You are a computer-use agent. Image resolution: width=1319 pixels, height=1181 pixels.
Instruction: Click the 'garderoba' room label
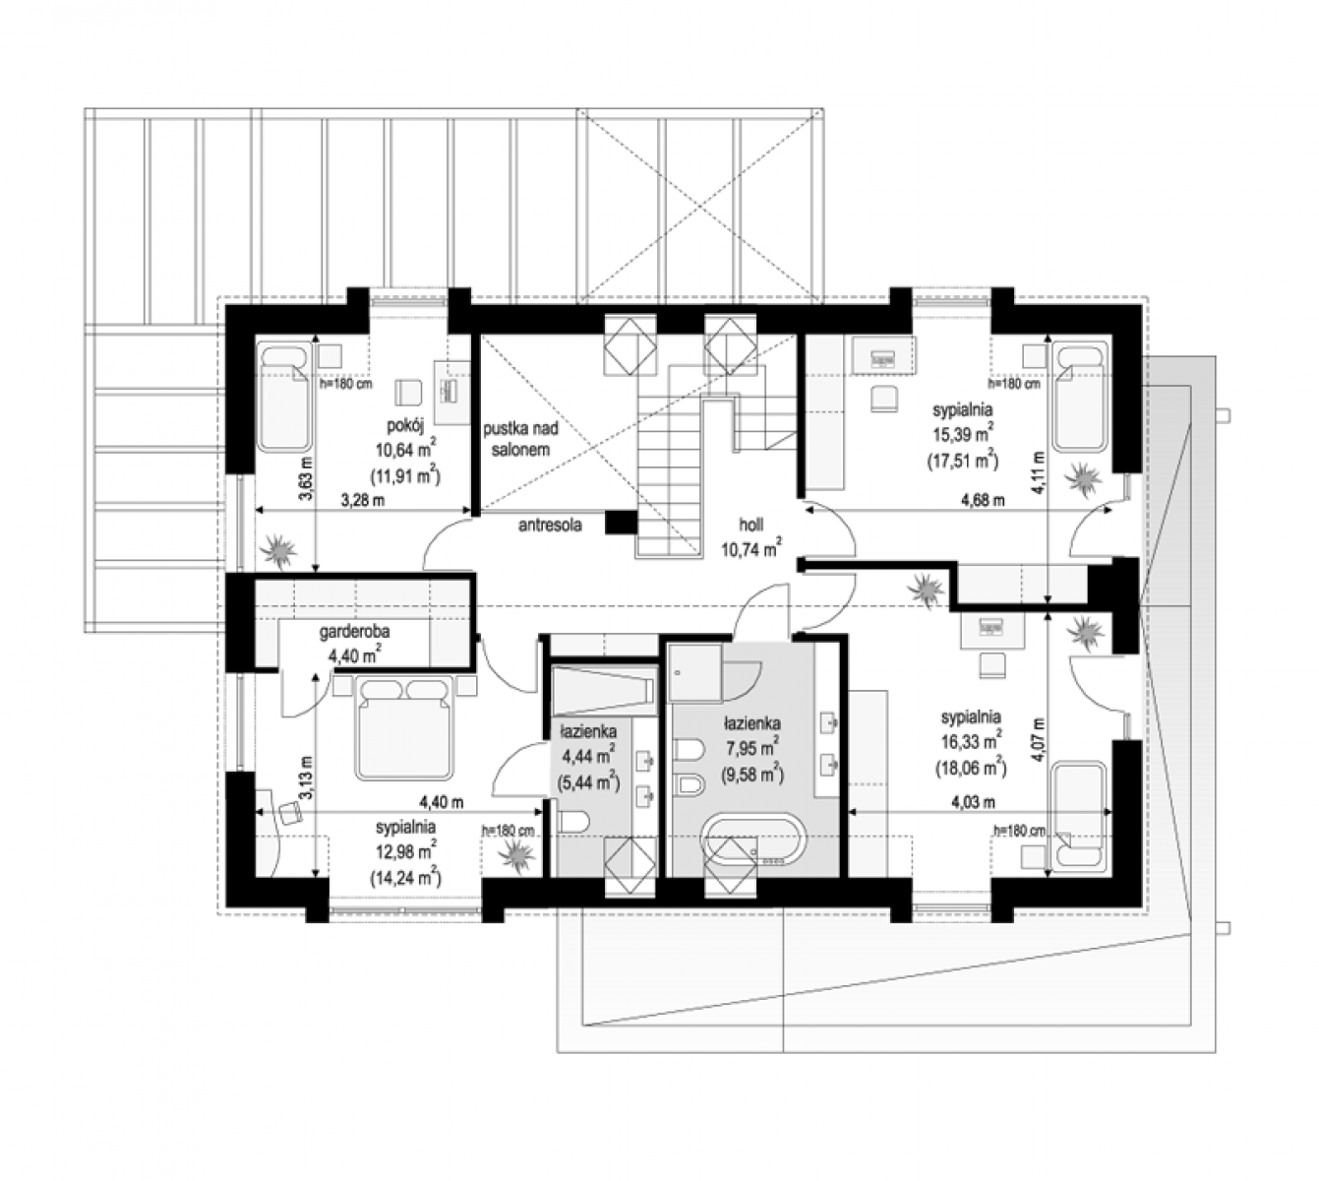(x=354, y=631)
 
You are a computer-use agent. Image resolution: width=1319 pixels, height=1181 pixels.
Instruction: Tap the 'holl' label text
(x=750, y=525)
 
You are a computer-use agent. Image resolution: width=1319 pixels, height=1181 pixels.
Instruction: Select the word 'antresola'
(x=550, y=525)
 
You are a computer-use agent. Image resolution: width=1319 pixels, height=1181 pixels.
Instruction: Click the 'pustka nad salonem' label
(x=520, y=439)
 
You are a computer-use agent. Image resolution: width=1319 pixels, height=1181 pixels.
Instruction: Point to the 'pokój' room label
(x=405, y=426)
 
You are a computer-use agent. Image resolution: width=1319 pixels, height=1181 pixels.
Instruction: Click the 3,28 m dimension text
(x=363, y=500)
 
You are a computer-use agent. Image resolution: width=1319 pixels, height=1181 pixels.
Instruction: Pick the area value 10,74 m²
(x=750, y=548)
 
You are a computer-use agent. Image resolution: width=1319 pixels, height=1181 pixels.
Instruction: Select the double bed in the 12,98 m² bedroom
(x=404, y=727)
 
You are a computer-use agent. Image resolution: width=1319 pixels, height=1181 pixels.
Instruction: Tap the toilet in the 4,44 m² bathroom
(x=573, y=824)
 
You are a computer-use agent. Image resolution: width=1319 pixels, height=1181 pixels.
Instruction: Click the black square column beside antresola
(x=621, y=522)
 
